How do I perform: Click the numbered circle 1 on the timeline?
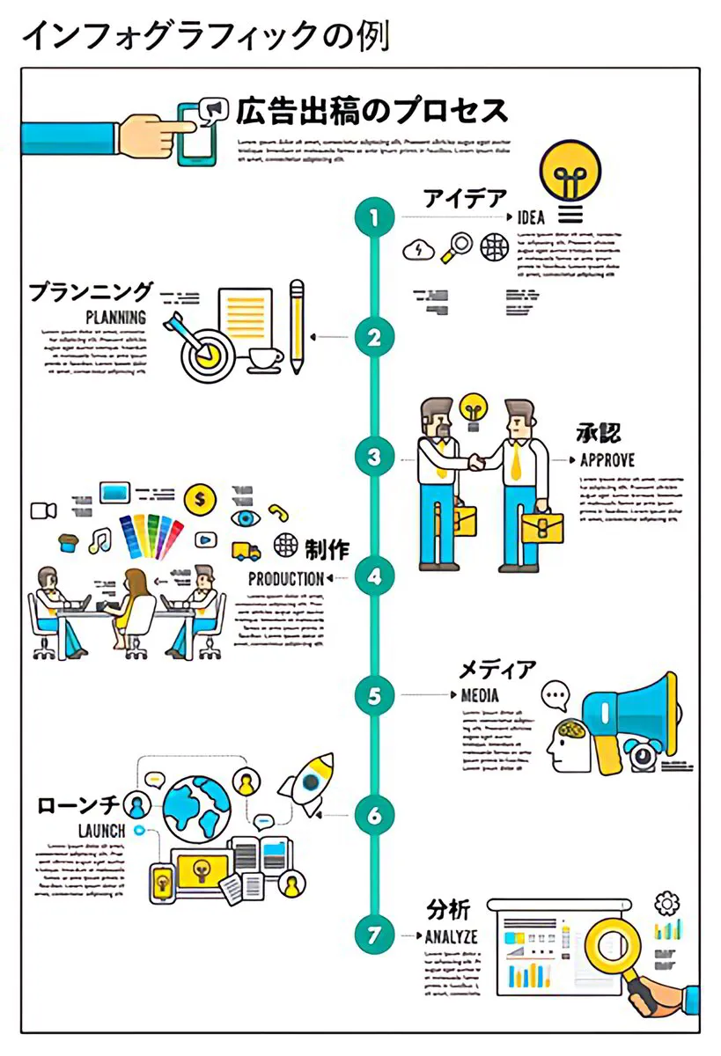(375, 216)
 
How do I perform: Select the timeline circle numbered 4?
(375, 577)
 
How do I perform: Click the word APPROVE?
(607, 459)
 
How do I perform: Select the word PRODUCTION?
(286, 579)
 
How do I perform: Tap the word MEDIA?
(480, 695)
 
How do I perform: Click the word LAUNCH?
(101, 831)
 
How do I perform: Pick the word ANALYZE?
(451, 936)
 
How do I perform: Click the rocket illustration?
(307, 782)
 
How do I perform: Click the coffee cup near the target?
(265, 359)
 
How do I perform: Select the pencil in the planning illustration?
(297, 326)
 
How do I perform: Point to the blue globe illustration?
(196, 805)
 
